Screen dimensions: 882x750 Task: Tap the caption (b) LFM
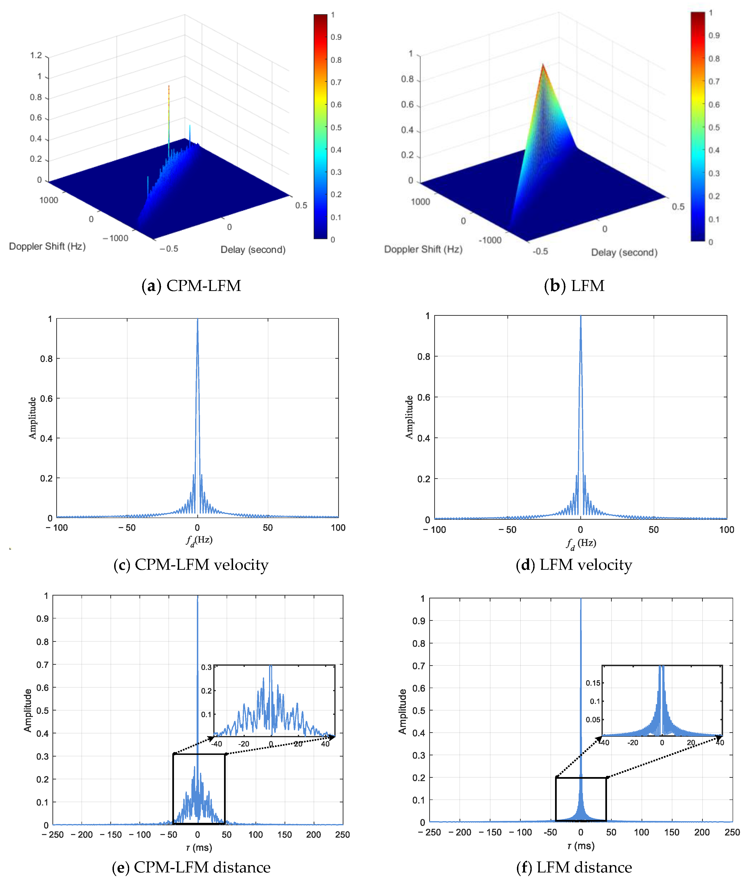coord(574,285)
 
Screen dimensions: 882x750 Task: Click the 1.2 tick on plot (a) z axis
coord(36,55)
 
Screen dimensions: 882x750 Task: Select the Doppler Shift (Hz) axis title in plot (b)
coord(423,249)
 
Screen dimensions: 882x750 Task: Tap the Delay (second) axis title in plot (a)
coord(253,250)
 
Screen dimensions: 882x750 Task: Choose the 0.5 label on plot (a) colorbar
coord(336,127)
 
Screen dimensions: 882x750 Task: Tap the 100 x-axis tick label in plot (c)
coord(338,528)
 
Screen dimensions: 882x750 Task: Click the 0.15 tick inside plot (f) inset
coord(593,683)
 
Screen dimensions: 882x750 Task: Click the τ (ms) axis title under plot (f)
coord(581,846)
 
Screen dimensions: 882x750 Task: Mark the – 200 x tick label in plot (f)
coord(460,832)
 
